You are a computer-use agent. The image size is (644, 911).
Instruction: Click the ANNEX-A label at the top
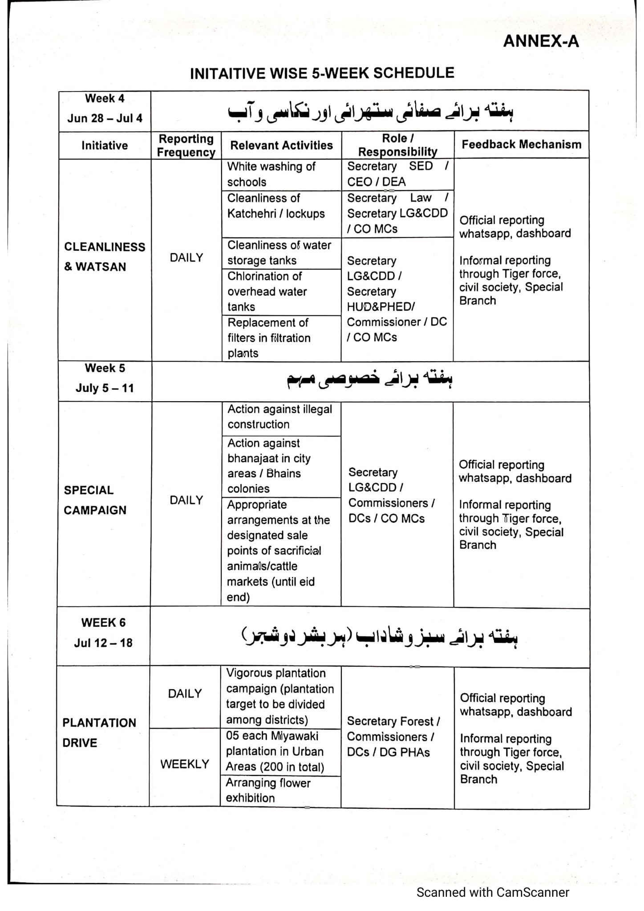click(x=541, y=41)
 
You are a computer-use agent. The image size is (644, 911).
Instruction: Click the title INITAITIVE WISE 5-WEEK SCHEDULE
click(x=322, y=73)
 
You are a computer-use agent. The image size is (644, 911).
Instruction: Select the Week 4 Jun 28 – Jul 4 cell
click(x=105, y=109)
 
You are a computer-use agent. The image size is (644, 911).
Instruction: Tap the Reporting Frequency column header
click(x=186, y=145)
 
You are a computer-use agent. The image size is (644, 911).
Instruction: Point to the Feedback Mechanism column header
click(x=521, y=145)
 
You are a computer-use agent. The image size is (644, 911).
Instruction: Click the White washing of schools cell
click(x=271, y=174)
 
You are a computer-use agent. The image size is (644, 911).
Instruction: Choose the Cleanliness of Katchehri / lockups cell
click(x=276, y=206)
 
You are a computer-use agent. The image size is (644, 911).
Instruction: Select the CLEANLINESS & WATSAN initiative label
click(x=105, y=257)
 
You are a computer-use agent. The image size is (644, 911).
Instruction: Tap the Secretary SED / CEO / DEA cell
click(x=397, y=174)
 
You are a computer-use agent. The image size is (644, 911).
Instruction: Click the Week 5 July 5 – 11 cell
click(x=105, y=378)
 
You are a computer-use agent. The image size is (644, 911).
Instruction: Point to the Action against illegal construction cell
click(x=280, y=417)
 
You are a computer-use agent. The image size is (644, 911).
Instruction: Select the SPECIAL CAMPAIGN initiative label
click(x=95, y=500)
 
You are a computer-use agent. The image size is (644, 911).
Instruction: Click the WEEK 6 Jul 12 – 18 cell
click(x=103, y=633)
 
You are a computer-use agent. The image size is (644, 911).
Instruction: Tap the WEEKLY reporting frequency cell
click(x=185, y=764)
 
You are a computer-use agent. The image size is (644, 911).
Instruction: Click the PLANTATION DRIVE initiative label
click(x=99, y=733)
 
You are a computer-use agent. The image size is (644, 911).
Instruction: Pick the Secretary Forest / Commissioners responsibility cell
click(x=393, y=737)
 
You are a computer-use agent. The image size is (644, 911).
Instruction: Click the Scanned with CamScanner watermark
click(x=493, y=892)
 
